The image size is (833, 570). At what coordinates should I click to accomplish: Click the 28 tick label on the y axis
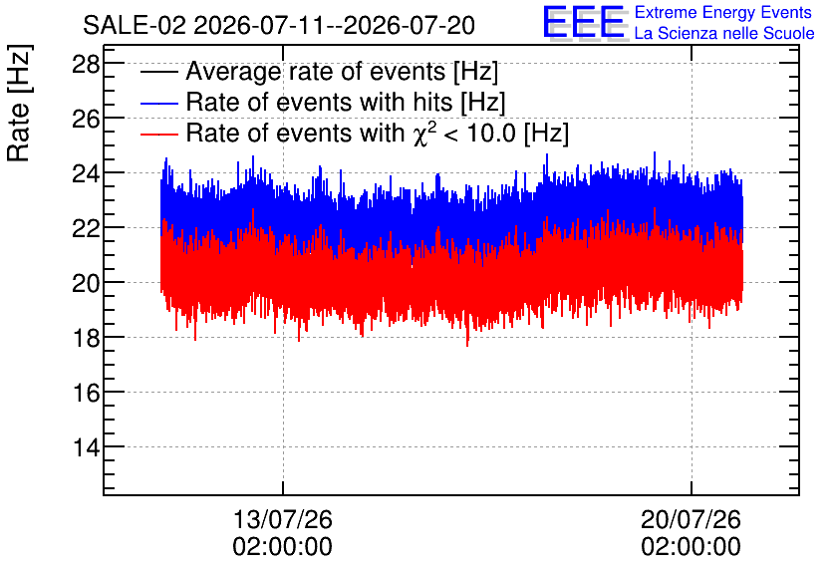tap(86, 65)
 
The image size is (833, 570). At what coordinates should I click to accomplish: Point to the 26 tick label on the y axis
tap(86, 120)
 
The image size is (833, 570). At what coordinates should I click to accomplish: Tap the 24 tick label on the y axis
tap(86, 174)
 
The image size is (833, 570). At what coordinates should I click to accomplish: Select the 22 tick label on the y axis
tap(86, 229)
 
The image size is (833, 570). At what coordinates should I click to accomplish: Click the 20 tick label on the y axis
tap(86, 284)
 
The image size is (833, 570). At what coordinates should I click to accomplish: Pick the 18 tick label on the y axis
tap(86, 339)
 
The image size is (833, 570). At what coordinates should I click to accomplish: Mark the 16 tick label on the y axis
tap(86, 393)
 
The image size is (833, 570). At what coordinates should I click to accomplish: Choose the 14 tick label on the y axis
tap(86, 447)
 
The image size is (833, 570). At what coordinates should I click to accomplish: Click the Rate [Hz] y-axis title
tap(19, 103)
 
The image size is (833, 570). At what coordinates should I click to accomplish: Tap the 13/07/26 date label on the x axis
tap(283, 519)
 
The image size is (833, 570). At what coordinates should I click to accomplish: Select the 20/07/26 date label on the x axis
tap(691, 519)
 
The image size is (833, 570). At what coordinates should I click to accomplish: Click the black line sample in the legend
tap(158, 72)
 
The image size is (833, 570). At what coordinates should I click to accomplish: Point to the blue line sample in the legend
tap(158, 103)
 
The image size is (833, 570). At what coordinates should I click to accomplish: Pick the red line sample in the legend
tap(158, 134)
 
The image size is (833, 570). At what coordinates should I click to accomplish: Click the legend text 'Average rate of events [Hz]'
tap(342, 72)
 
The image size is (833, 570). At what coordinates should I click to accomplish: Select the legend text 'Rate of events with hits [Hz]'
tap(346, 103)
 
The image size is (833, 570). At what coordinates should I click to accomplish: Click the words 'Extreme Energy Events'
tap(723, 12)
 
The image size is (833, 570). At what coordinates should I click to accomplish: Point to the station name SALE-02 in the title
tap(135, 26)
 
